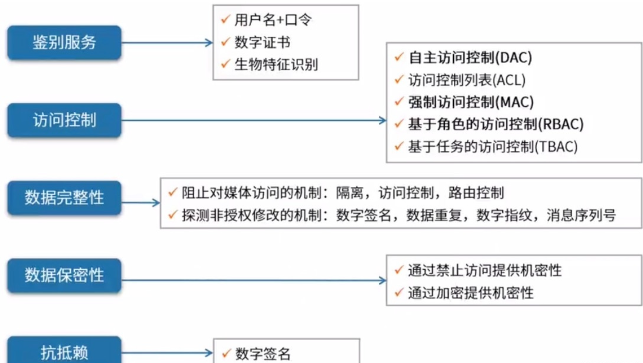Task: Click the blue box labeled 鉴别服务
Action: (64, 42)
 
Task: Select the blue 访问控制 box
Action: (64, 120)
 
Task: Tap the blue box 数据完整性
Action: (64, 198)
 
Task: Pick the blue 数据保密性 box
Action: (64, 276)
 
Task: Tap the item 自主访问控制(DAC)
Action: (469, 58)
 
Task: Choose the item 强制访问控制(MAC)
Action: (471, 102)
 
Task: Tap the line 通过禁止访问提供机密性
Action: (484, 270)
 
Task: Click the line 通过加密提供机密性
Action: (471, 293)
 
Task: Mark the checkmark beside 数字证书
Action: (225, 42)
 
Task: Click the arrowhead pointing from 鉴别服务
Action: (209, 43)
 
